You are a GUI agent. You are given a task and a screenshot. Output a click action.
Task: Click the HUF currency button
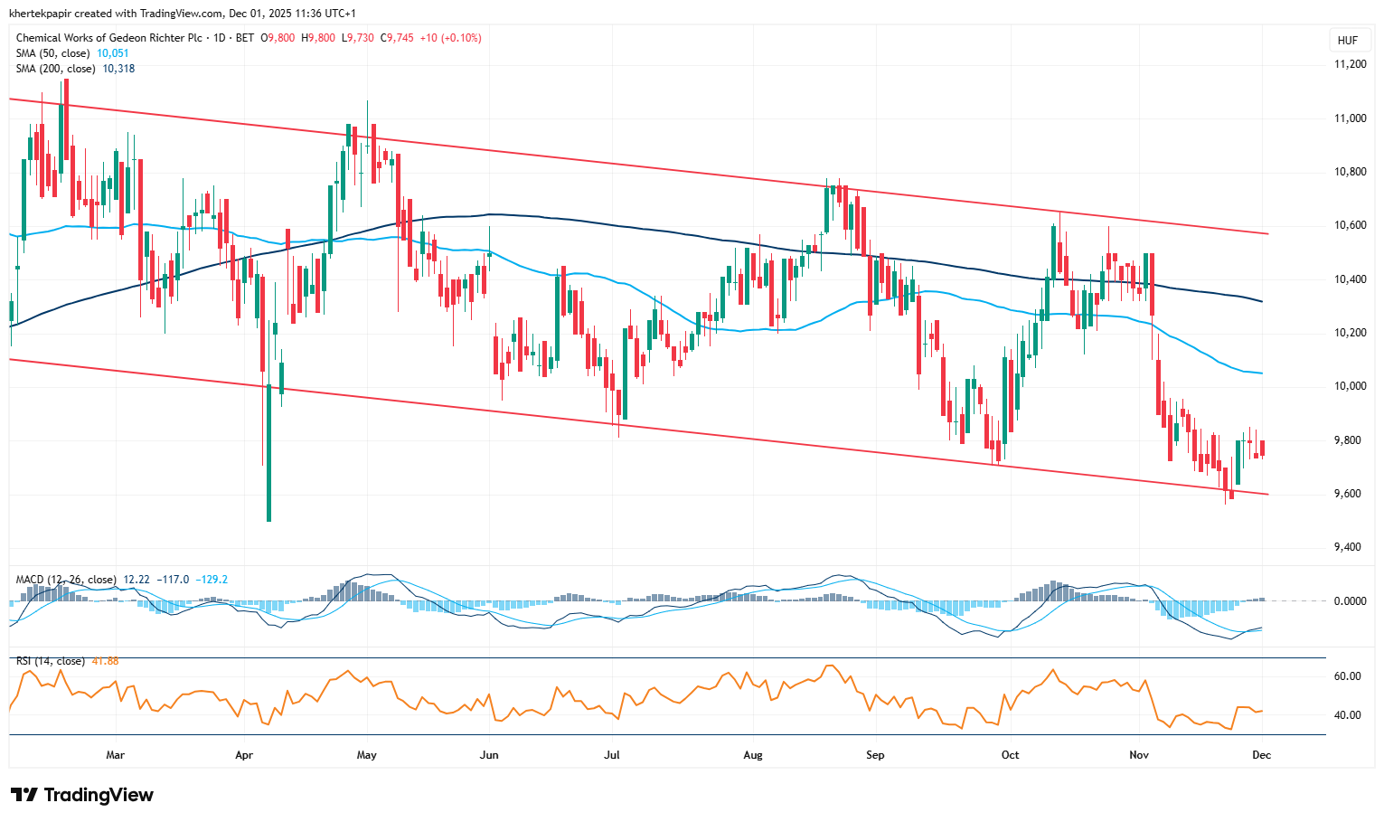click(x=1347, y=41)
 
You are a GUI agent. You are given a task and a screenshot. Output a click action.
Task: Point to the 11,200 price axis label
click(x=1351, y=64)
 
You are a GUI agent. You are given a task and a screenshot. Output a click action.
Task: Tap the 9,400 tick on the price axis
click(x=1351, y=547)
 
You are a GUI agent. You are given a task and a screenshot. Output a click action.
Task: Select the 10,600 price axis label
click(x=1351, y=225)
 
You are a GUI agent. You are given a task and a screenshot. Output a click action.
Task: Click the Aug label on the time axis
click(x=753, y=754)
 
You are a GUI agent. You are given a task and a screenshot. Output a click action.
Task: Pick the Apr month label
click(x=244, y=754)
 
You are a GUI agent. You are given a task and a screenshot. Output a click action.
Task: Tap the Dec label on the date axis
click(x=1261, y=754)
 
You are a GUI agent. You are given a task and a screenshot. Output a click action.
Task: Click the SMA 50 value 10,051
click(x=113, y=53)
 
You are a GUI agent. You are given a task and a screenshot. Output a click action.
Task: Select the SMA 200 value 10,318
click(x=118, y=69)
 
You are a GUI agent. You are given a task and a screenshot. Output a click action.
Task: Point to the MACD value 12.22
click(x=136, y=580)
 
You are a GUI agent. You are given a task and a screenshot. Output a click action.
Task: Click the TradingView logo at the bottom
click(x=82, y=795)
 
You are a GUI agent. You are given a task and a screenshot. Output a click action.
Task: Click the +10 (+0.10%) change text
click(x=450, y=38)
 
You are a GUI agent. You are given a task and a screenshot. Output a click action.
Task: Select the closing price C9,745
click(x=397, y=38)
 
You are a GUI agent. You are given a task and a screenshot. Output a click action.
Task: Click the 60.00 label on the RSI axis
click(x=1347, y=676)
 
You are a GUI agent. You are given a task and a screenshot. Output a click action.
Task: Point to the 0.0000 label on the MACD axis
click(x=1351, y=601)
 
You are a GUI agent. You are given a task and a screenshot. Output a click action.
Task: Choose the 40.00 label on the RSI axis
click(x=1347, y=715)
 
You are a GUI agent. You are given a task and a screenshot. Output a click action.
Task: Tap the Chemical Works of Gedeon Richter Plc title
click(x=109, y=38)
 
